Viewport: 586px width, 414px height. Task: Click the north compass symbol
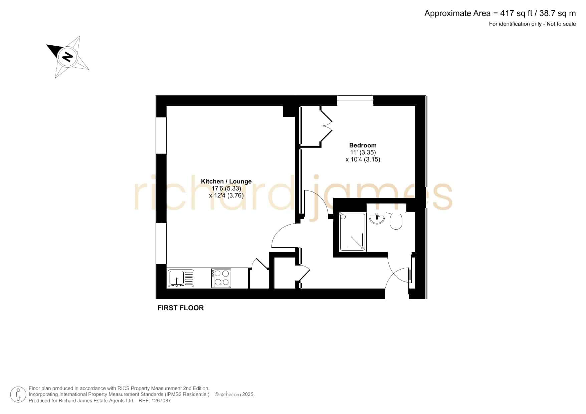coord(68,57)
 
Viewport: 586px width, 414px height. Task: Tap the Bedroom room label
coord(363,145)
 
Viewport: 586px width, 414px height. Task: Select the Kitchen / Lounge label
coord(226,181)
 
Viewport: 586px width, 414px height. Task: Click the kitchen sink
coord(181,278)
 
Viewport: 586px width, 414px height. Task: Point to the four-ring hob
coord(221,278)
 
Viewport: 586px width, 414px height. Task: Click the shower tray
coord(352,232)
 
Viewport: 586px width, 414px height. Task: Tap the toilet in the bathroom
coord(396,221)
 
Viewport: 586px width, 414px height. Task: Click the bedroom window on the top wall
coord(355,101)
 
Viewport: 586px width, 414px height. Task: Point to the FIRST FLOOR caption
coord(181,308)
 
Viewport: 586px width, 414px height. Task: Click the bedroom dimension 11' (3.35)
coord(363,152)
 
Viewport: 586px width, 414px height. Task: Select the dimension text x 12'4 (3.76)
coord(226,195)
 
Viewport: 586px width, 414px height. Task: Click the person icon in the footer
coord(18,395)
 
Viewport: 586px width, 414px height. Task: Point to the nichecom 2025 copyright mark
coord(235,394)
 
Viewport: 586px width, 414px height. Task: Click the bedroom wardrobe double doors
coord(327,126)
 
